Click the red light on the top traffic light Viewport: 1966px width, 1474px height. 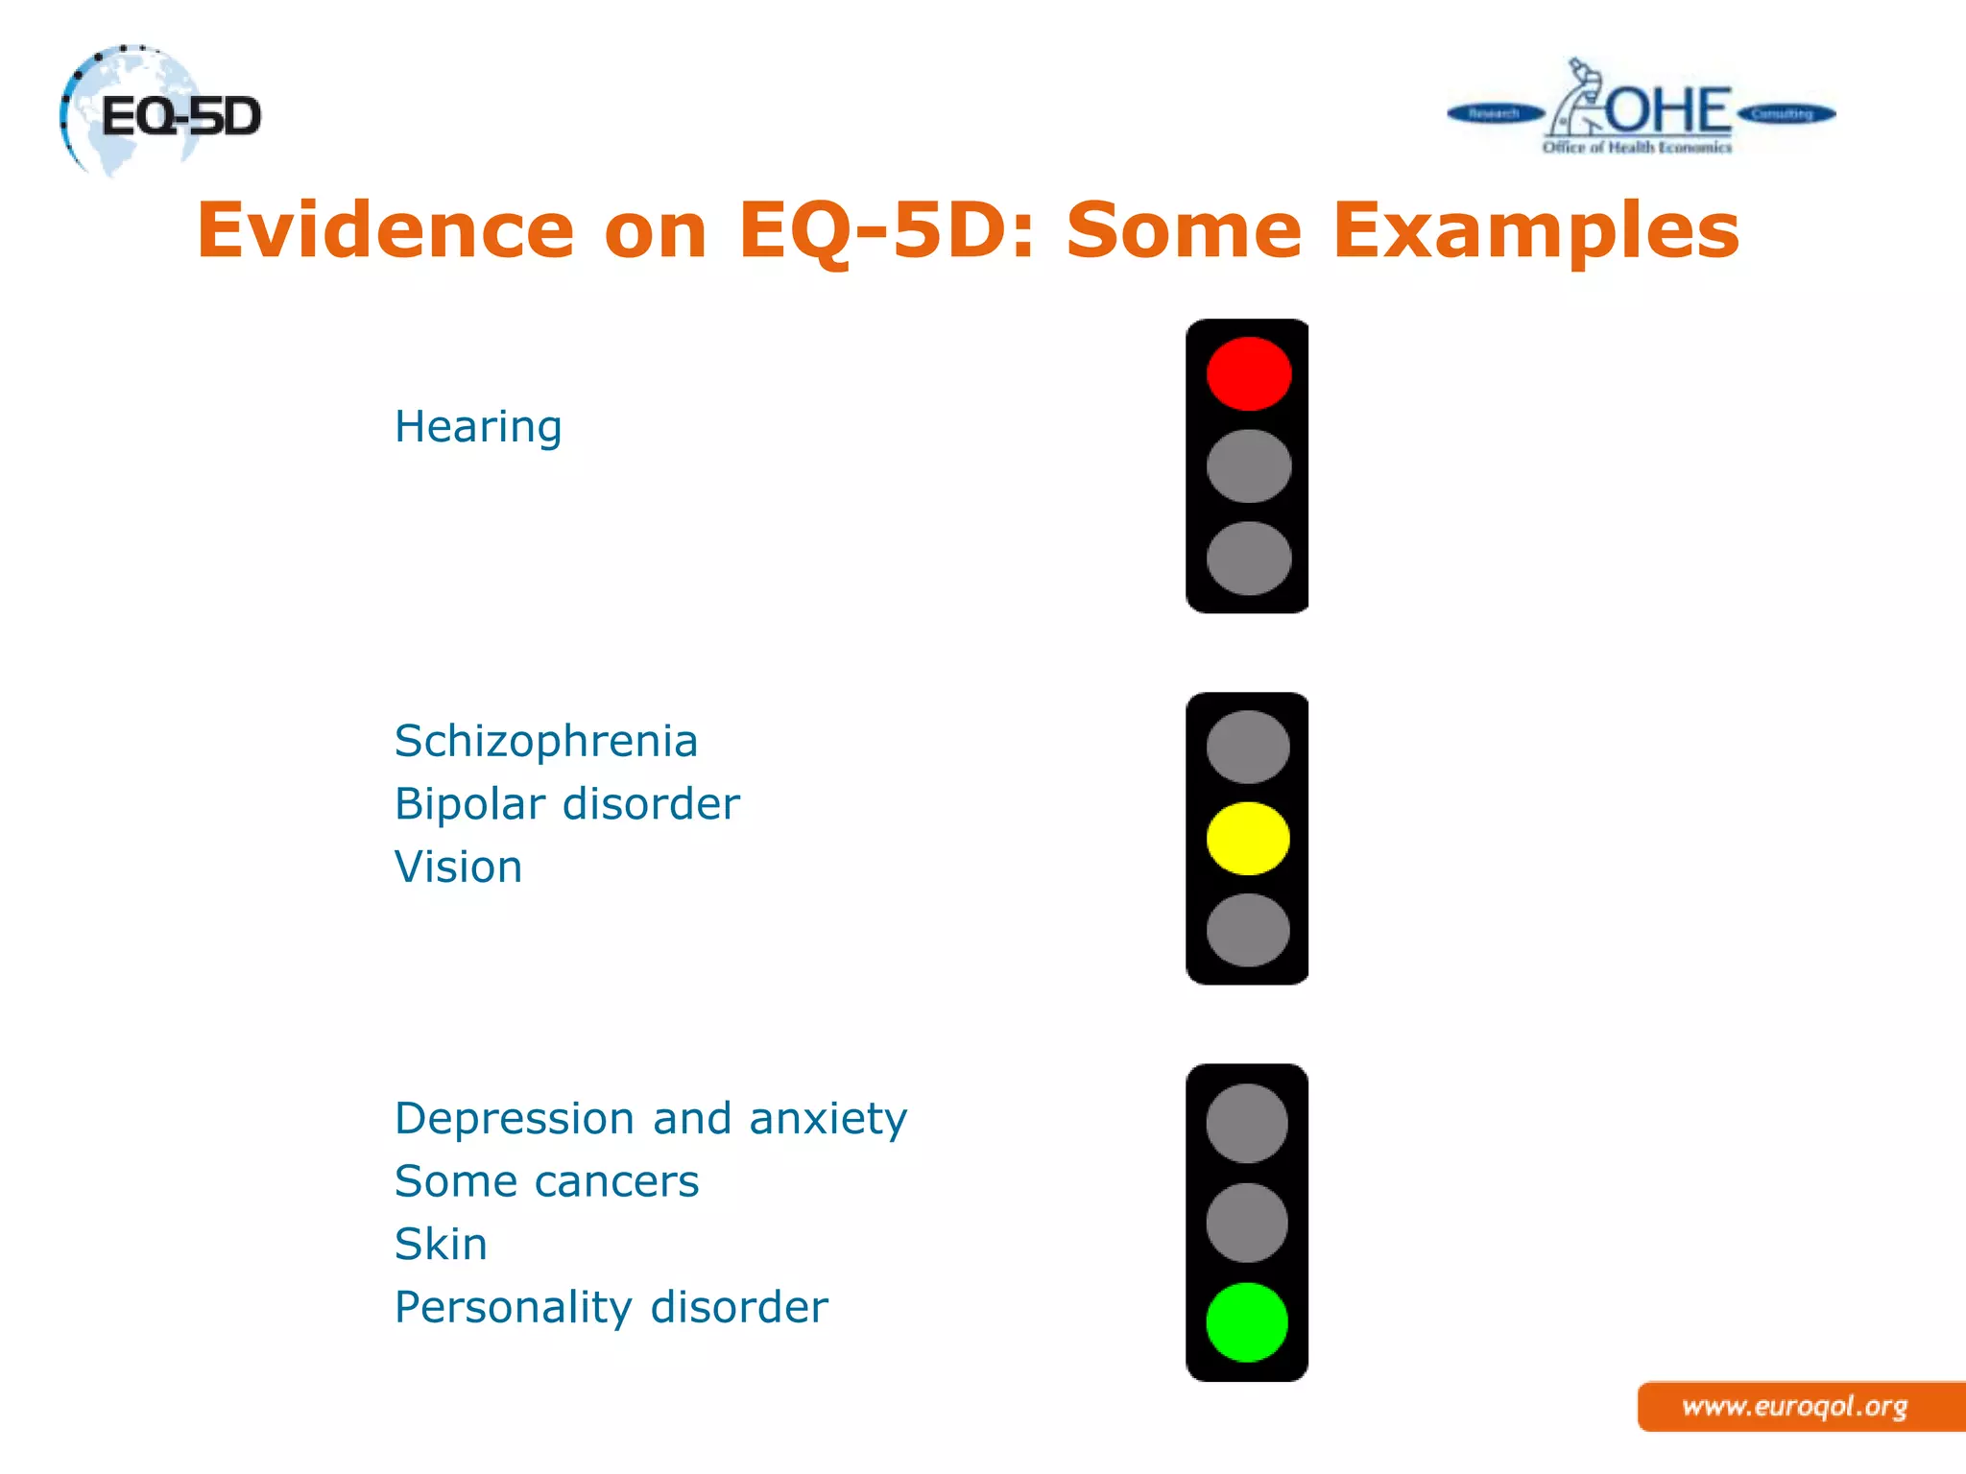(x=1248, y=373)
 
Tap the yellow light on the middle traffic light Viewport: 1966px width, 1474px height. (x=1248, y=838)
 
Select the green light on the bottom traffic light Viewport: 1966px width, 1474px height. (x=1247, y=1322)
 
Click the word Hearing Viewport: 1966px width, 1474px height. (x=478, y=427)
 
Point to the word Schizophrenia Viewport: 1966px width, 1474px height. (x=545, y=741)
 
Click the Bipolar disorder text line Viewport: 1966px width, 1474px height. (x=566, y=804)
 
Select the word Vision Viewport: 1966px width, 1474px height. (x=458, y=868)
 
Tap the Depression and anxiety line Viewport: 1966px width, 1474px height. (x=650, y=1119)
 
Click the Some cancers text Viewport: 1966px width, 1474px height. (x=546, y=1181)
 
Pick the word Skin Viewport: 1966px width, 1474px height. (x=441, y=1245)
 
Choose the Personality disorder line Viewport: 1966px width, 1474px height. (x=611, y=1308)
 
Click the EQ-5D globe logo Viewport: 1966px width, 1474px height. (x=158, y=113)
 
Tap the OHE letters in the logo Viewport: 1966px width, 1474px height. (x=1668, y=110)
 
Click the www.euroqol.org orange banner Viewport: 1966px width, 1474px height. (x=1795, y=1407)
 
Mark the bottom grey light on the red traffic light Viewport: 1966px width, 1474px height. (x=1248, y=559)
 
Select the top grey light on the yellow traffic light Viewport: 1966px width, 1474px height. (x=1248, y=747)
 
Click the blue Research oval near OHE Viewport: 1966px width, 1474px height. (x=1494, y=114)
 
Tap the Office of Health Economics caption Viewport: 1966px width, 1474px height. (x=1637, y=148)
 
